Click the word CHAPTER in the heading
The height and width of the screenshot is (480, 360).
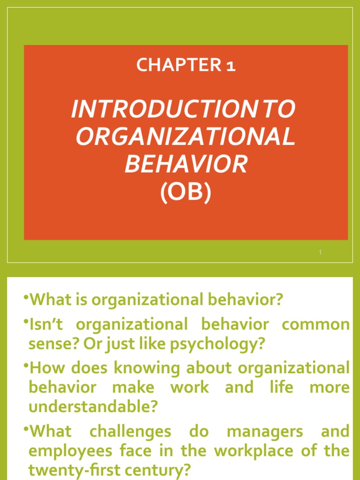177,66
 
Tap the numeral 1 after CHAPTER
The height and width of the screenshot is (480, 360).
230,66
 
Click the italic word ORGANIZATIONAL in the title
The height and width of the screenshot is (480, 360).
186,136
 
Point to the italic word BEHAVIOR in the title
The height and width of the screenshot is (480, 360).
186,164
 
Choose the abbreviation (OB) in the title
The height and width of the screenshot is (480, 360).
186,192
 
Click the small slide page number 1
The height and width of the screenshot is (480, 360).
320,253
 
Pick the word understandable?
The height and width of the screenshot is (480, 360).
93,407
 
